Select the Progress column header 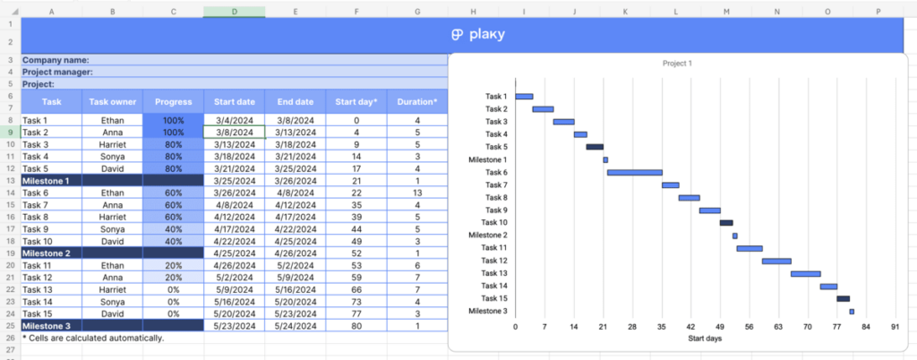click(173, 102)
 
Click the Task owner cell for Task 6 click(112, 193)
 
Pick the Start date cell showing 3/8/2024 click(234, 132)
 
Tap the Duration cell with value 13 click(416, 193)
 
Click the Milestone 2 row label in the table click(50, 253)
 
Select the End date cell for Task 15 click(295, 314)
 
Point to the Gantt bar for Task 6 click(634, 172)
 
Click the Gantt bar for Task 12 click(776, 261)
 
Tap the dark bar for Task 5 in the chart click(595, 147)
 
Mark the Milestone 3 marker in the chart click(852, 312)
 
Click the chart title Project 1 click(677, 64)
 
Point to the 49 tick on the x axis click(721, 328)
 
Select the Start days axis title click(705, 339)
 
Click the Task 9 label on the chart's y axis click(495, 210)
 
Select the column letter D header click(234, 12)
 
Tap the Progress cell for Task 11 click(173, 265)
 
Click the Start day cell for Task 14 click(356, 302)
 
